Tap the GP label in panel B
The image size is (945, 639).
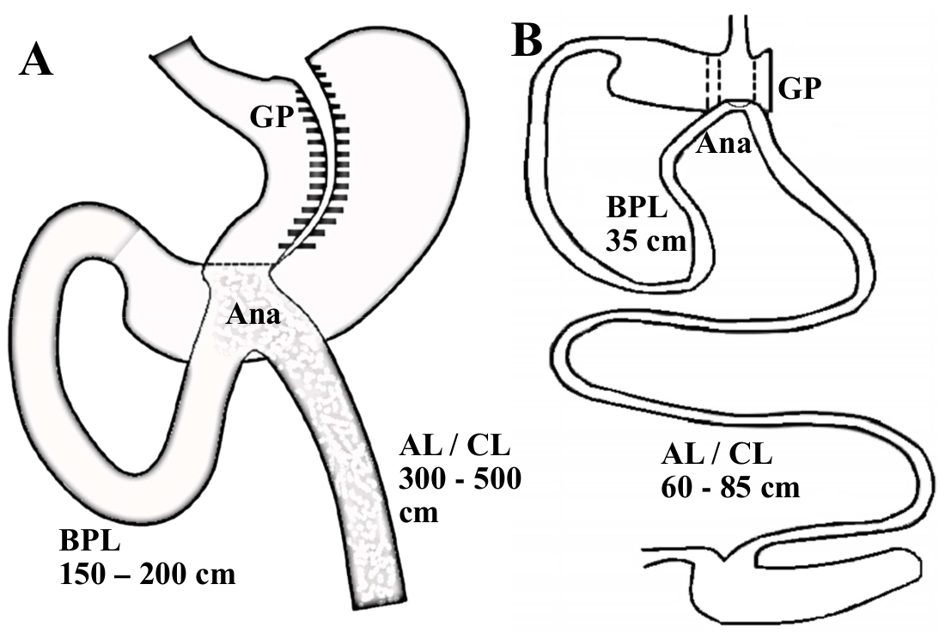click(x=799, y=88)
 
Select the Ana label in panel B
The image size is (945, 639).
click(x=723, y=143)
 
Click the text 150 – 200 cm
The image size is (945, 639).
click(x=147, y=574)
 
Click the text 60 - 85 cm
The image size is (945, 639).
click(x=731, y=487)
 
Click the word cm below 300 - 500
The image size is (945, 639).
click(x=418, y=513)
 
